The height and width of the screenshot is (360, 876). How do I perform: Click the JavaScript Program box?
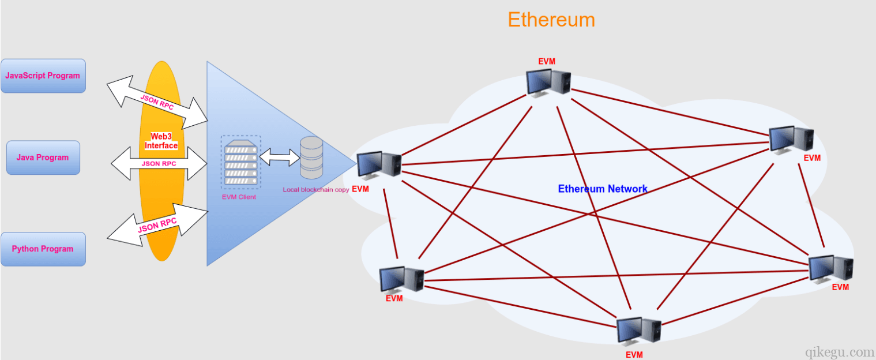[43, 76]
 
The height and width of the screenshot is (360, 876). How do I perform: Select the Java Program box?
[43, 157]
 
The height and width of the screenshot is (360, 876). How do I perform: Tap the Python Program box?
[43, 249]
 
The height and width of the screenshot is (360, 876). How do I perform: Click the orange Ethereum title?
[551, 20]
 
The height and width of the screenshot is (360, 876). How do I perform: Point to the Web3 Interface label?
[161, 141]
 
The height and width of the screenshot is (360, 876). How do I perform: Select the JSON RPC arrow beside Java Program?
[159, 163]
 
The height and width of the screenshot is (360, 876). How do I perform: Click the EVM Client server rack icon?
[240, 162]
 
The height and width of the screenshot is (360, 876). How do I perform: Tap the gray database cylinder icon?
[311, 157]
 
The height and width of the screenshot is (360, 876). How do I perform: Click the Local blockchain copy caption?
[315, 190]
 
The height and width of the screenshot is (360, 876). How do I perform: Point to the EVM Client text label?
[239, 197]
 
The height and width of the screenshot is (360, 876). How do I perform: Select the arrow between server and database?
[280, 156]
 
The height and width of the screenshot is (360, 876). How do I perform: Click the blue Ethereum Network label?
[603, 189]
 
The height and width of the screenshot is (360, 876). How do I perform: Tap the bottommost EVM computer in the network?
[638, 331]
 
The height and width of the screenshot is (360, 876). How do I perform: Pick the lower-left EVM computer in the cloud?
[402, 279]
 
